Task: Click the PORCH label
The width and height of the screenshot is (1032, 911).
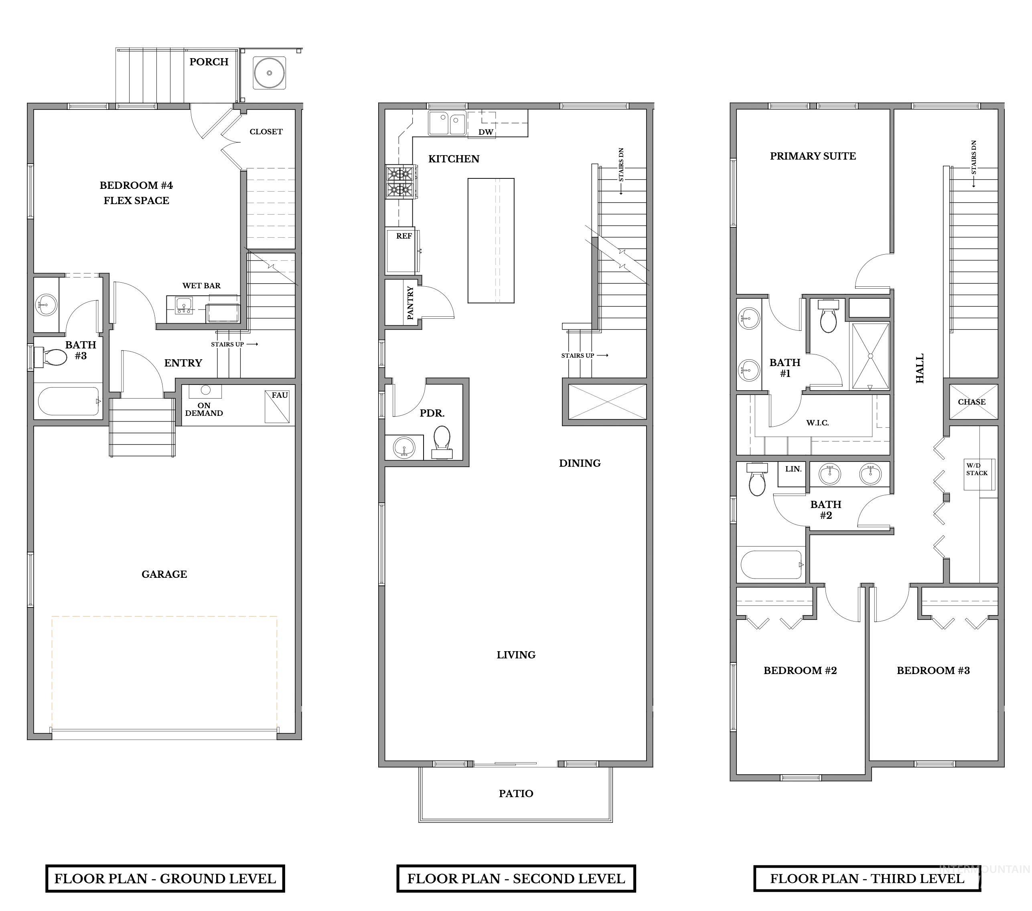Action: pyautogui.click(x=209, y=62)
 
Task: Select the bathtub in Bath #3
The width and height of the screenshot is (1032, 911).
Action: pyautogui.click(x=69, y=401)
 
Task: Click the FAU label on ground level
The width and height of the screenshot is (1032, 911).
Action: pyautogui.click(x=280, y=395)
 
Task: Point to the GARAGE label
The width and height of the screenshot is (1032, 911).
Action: pyautogui.click(x=164, y=574)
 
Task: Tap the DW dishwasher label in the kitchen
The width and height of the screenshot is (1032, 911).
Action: pyautogui.click(x=486, y=132)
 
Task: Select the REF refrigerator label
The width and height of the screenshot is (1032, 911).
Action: pyautogui.click(x=404, y=236)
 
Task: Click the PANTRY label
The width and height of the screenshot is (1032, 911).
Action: pyautogui.click(x=410, y=303)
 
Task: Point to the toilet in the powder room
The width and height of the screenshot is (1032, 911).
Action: pyautogui.click(x=442, y=439)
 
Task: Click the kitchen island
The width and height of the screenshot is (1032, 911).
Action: pyautogui.click(x=491, y=240)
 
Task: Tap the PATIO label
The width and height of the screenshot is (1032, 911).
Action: pyautogui.click(x=515, y=794)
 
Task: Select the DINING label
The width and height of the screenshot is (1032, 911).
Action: pyautogui.click(x=580, y=463)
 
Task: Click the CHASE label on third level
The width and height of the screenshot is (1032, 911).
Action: pyautogui.click(x=971, y=402)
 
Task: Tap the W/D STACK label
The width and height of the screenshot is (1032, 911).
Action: pyautogui.click(x=977, y=470)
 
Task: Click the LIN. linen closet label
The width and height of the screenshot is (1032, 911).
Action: pyautogui.click(x=793, y=469)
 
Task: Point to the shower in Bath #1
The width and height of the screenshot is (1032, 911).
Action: pyautogui.click(x=870, y=356)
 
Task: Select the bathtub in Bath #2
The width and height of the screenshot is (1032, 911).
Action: pyautogui.click(x=771, y=564)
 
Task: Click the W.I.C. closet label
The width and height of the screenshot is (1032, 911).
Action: pyautogui.click(x=817, y=423)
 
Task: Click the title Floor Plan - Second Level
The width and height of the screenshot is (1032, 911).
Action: pyautogui.click(x=515, y=879)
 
